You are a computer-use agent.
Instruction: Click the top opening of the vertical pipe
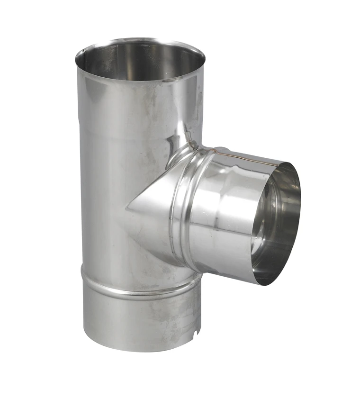click(140, 59)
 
